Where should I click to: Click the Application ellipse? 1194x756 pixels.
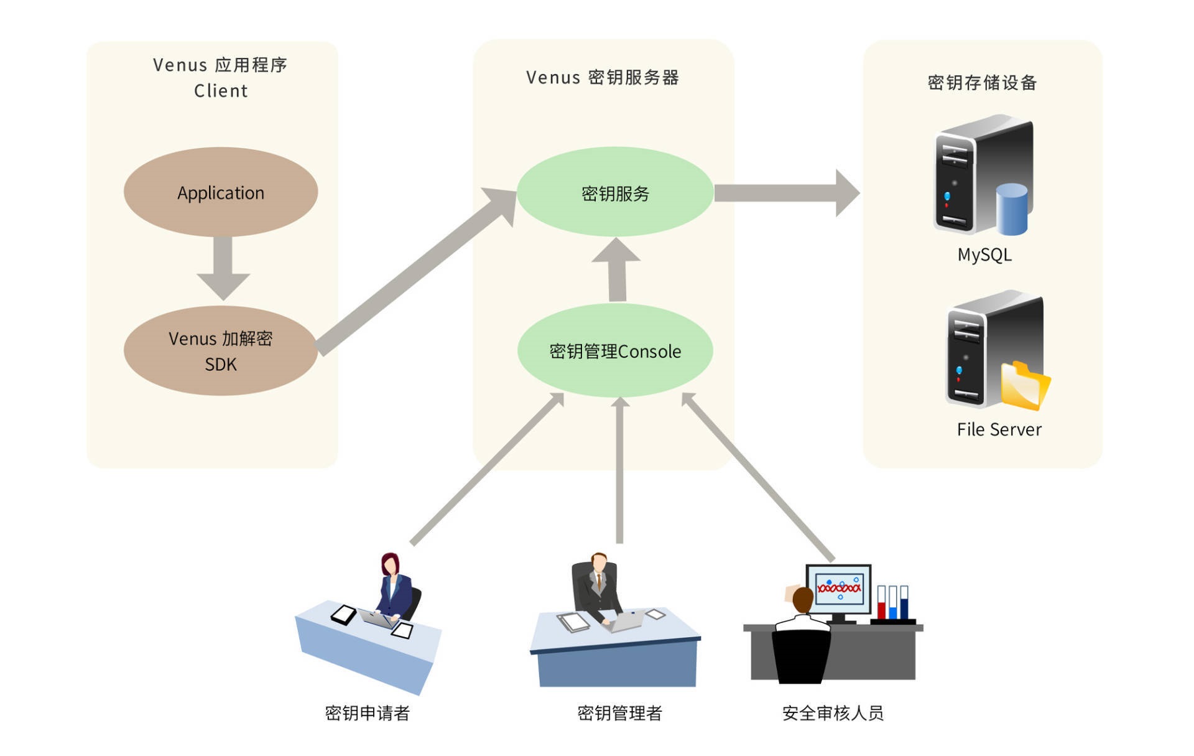click(221, 192)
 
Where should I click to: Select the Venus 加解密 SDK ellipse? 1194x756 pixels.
click(221, 351)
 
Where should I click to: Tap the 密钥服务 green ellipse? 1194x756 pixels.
click(615, 193)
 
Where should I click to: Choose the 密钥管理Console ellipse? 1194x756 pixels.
click(615, 351)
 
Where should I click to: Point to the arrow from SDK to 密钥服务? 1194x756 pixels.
click(417, 271)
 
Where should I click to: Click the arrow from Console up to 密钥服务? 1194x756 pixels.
click(617, 271)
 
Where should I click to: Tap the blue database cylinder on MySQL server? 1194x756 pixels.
click(1011, 209)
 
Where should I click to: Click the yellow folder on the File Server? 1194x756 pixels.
click(1024, 385)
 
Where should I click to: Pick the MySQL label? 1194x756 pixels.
click(984, 254)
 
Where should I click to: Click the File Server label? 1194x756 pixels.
click(999, 429)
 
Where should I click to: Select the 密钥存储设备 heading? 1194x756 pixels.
click(982, 83)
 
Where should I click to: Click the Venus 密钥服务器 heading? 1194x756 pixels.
click(602, 78)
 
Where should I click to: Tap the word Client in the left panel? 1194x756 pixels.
click(221, 91)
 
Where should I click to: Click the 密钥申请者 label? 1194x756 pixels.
click(367, 713)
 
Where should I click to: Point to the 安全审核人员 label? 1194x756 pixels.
click(833, 713)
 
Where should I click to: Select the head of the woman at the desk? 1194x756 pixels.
click(390, 565)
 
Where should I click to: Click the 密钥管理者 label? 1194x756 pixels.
click(619, 713)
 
